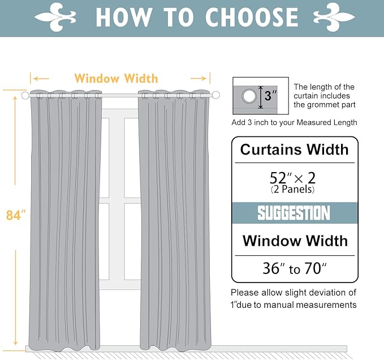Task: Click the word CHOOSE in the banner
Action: tap(252, 17)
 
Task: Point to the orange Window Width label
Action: tap(116, 78)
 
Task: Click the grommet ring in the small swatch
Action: tap(249, 96)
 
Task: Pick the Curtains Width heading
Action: tap(294, 150)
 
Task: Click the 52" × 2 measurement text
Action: tap(292, 177)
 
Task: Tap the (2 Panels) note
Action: tap(292, 190)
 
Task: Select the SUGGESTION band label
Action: tap(294, 213)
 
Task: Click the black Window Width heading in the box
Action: tap(295, 241)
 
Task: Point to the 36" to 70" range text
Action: tap(294, 269)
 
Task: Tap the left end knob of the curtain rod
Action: tap(25, 96)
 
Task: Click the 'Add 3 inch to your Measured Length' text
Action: tap(294, 122)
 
